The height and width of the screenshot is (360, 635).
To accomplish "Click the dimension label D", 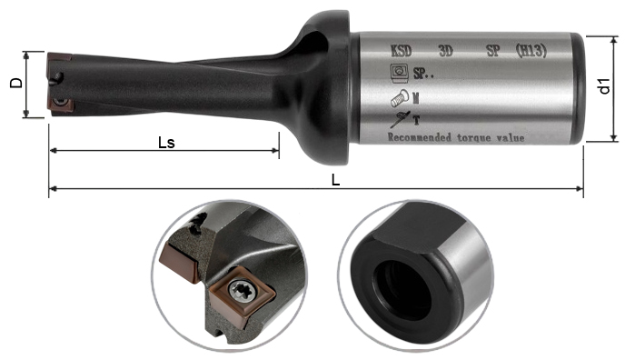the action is pyautogui.click(x=16, y=83).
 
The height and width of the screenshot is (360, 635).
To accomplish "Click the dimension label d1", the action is pyautogui.click(x=605, y=86).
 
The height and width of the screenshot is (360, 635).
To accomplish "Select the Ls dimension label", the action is pyautogui.click(x=166, y=143).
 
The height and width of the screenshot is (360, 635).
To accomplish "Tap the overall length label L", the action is pyautogui.click(x=336, y=180).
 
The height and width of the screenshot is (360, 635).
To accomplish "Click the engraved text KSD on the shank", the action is pyautogui.click(x=401, y=51).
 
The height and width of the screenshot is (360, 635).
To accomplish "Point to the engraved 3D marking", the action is pyautogui.click(x=445, y=51).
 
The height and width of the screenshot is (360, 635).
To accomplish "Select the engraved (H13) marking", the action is pyautogui.click(x=531, y=51).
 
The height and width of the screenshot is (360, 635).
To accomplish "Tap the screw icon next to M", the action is pyautogui.click(x=400, y=97).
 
